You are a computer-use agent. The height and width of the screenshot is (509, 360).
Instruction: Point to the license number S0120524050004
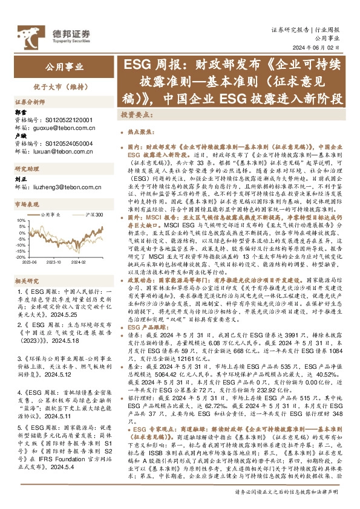pos(68,144)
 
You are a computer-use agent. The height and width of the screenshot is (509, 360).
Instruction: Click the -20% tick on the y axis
pos(20,255)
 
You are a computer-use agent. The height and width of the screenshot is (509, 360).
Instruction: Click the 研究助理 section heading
pos(27,169)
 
